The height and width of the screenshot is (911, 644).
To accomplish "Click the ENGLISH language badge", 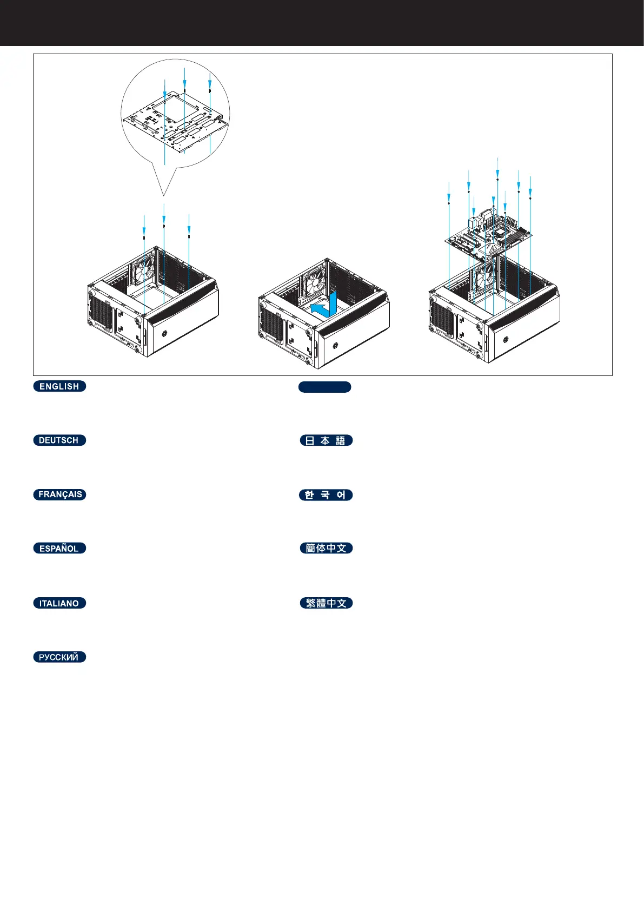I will pos(59,386).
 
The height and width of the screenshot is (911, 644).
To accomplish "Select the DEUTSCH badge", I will pos(59,440).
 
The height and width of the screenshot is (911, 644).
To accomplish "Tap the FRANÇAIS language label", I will pos(59,494).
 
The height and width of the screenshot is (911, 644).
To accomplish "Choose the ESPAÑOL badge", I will pos(59,549).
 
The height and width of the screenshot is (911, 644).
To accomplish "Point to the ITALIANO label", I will pos(59,603).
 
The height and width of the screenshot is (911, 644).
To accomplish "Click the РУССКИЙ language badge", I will pos(59,657).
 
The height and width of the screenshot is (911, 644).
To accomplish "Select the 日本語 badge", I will pos(326,440).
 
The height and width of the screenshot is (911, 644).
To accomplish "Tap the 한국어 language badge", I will pos(326,495).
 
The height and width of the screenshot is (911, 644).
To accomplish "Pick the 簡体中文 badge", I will pos(326,549).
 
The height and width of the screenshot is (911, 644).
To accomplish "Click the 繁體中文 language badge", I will pos(326,603).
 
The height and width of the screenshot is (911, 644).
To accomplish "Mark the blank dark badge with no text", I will pos(324,387).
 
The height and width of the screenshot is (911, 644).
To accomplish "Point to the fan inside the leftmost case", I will pos(144,268).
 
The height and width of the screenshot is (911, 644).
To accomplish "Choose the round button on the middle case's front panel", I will pos(335,345).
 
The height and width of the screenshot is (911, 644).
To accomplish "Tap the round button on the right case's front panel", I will pos(506,340).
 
